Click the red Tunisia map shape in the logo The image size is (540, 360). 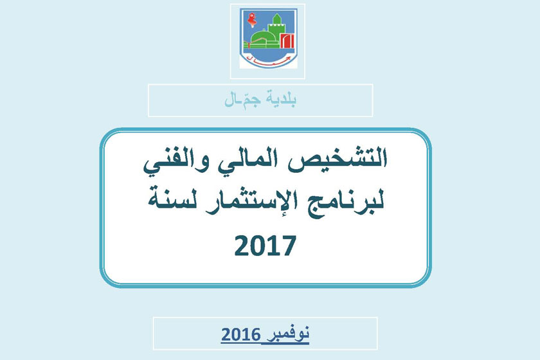click(x=252, y=20)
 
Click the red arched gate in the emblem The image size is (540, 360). click(x=286, y=40)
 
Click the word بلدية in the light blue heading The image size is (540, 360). click(x=282, y=99)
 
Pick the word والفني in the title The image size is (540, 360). click(x=182, y=163)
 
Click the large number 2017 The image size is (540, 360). click(x=265, y=246)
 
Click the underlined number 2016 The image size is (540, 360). click(x=240, y=335)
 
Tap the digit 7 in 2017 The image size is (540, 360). click(x=289, y=246)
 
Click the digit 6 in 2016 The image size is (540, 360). click(x=255, y=335)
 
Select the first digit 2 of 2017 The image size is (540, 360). click(x=242, y=246)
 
